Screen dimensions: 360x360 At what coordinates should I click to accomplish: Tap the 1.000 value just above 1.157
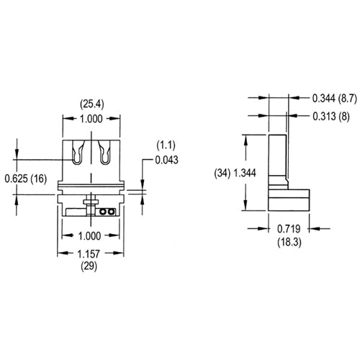(x=90, y=236)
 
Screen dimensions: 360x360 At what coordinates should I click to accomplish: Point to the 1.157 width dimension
(x=90, y=254)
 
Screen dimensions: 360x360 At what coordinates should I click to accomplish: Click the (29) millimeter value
(x=90, y=266)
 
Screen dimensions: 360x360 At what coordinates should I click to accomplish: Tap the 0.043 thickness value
(x=166, y=159)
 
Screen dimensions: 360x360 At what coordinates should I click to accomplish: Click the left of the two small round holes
(x=104, y=212)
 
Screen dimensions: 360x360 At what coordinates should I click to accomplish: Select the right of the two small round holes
(x=111, y=212)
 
